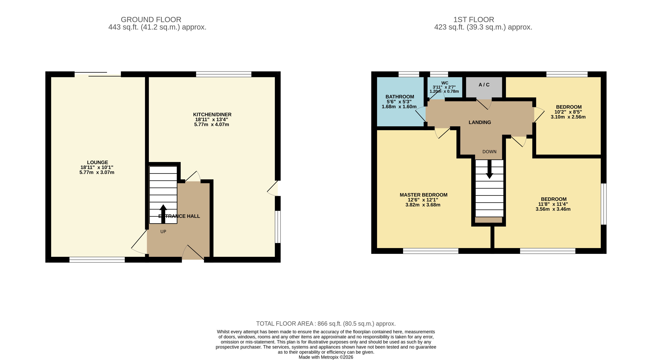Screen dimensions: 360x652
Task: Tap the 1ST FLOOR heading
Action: point(474,20)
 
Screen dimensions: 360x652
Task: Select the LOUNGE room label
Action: point(97,162)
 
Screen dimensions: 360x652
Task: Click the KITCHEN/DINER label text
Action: point(212,115)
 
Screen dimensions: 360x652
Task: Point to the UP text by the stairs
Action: point(163,232)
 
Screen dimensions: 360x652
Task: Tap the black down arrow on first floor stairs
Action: point(490,169)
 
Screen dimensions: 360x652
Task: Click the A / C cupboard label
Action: point(484,85)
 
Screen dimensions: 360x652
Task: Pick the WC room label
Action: point(445,83)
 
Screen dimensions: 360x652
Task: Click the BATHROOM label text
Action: point(400,97)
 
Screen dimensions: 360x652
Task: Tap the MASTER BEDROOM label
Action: point(424,195)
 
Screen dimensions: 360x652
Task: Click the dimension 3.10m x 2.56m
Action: point(568,117)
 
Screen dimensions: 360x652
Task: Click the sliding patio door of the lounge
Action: point(98,74)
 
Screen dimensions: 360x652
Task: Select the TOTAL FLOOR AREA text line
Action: point(326,324)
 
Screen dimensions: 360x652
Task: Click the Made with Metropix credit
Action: point(326,357)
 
